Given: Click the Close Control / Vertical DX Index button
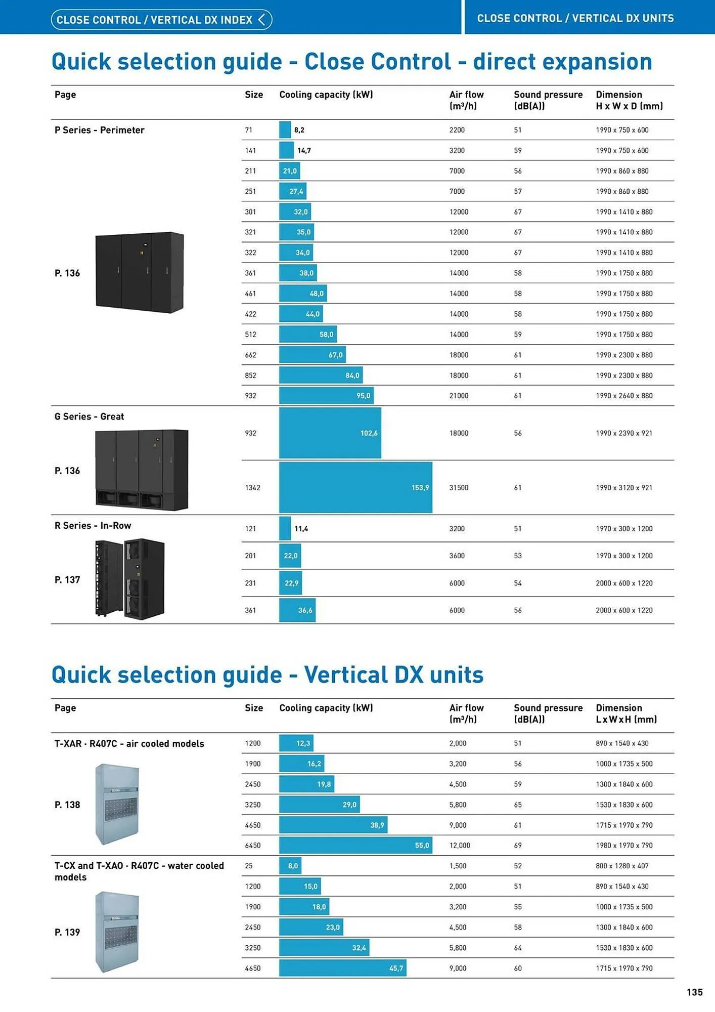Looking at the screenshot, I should tap(161, 20).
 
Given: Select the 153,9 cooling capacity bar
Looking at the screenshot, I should tap(355, 487).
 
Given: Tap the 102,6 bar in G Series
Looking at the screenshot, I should tap(330, 433).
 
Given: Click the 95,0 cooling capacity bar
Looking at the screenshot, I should tap(326, 396).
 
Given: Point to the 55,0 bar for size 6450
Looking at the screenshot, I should tap(355, 846).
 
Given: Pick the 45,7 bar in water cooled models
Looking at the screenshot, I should tap(342, 968).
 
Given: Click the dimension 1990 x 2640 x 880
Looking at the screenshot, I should tap(624, 396).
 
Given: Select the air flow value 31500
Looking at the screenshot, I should tap(459, 488).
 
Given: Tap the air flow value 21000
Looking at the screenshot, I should tap(459, 396).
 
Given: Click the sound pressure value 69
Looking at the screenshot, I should tap(518, 846).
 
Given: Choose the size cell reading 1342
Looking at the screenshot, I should tap(253, 488).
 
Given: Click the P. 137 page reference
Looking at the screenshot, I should tap(67, 580).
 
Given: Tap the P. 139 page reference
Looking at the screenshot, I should tap(67, 932).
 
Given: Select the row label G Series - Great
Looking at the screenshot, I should tap(89, 416).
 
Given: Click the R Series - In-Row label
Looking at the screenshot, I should tap(93, 526).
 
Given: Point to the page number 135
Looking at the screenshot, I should tap(694, 992).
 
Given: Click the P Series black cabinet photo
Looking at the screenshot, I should tap(140, 272).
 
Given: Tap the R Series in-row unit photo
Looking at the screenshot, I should tap(130, 578).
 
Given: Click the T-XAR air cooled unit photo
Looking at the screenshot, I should tap(117, 804).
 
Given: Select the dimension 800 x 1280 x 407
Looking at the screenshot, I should tap(622, 866).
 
